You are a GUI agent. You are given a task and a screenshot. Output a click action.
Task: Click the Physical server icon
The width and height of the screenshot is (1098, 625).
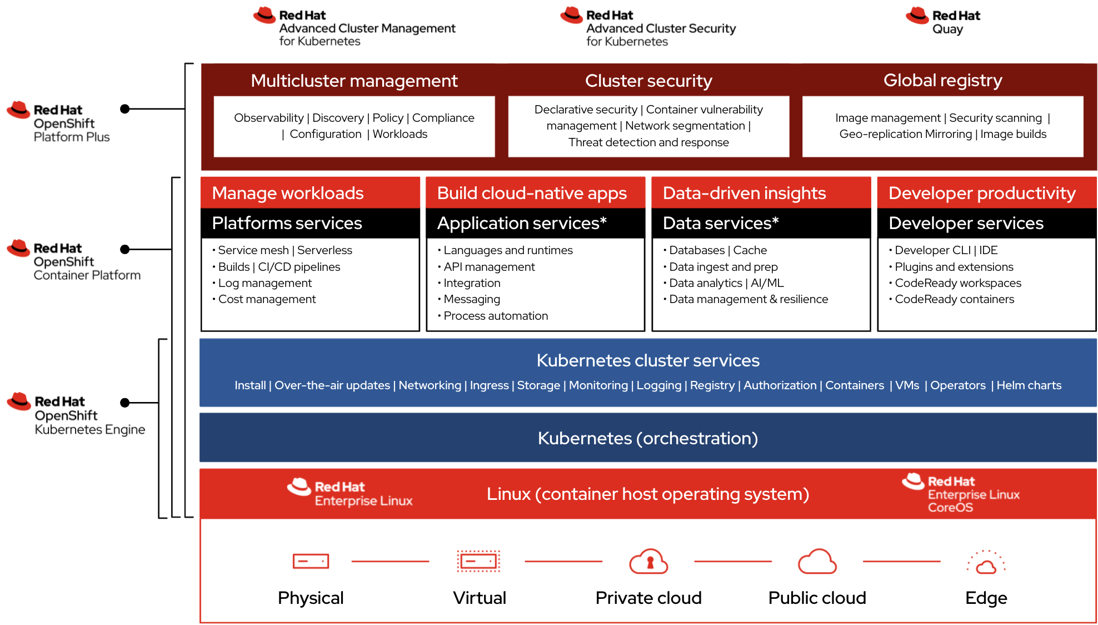click(x=311, y=561)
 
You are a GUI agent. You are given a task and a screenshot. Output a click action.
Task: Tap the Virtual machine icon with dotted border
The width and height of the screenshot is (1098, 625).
click(x=478, y=561)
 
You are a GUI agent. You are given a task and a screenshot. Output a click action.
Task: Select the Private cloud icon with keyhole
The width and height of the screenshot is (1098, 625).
click(x=648, y=562)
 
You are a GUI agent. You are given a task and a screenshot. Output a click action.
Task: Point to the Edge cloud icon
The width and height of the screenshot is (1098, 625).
click(x=986, y=564)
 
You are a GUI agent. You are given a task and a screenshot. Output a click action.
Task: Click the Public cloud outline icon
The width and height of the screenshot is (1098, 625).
click(x=817, y=562)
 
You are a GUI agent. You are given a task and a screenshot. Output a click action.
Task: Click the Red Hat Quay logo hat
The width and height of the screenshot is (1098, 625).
click(x=917, y=16)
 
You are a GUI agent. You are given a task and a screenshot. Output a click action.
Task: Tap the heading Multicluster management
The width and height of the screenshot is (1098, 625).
click(x=354, y=81)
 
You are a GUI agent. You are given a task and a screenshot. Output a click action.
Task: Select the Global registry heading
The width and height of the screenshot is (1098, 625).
click(x=942, y=80)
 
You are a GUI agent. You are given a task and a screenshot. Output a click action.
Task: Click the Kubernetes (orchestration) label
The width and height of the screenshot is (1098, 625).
click(x=647, y=438)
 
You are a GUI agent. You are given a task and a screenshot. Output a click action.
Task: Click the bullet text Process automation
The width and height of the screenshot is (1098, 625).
click(x=496, y=316)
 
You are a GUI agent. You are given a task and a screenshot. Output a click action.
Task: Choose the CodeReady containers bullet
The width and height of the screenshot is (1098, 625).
click(x=954, y=299)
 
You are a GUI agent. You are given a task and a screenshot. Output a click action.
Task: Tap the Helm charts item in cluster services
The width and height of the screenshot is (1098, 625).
click(x=1029, y=385)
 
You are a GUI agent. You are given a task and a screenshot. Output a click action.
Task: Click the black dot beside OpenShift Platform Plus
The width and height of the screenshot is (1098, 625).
click(x=125, y=109)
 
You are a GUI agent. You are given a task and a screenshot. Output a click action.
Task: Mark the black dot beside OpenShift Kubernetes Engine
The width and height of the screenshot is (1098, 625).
click(x=125, y=403)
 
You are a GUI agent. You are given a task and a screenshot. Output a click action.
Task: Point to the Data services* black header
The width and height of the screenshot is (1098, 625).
click(x=760, y=223)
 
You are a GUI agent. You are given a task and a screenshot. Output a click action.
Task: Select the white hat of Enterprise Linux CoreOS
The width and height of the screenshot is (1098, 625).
click(x=913, y=481)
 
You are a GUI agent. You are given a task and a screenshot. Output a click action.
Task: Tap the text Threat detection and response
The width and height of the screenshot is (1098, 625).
click(x=648, y=142)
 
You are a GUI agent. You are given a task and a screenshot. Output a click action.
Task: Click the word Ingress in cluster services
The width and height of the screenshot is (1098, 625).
click(x=489, y=385)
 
